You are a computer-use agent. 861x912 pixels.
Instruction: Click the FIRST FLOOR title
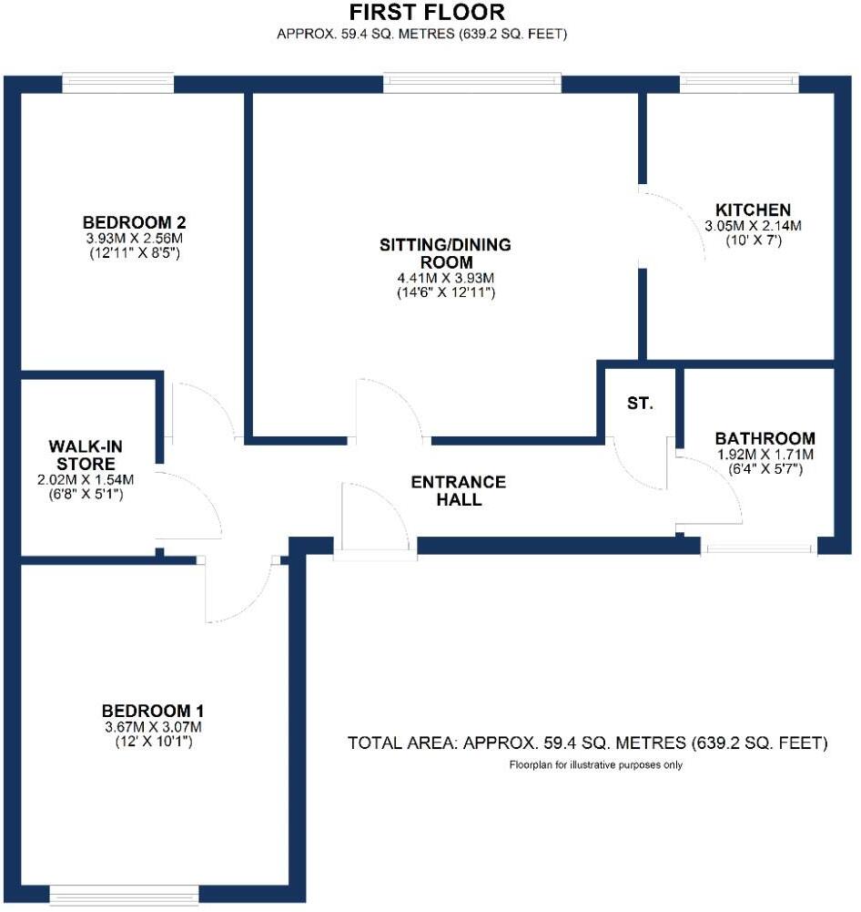coord(427,13)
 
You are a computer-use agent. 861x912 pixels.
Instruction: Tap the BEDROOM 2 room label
coord(135,222)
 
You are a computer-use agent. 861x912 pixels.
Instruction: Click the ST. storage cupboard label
coord(640,404)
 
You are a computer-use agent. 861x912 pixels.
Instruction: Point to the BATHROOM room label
coord(765,437)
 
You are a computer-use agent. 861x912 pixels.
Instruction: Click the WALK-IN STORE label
coord(85,455)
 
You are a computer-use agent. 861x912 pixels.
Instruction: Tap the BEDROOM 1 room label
coord(151,711)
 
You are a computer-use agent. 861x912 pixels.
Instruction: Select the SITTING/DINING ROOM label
coord(445,253)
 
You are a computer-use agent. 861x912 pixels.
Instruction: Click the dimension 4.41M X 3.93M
coord(445,278)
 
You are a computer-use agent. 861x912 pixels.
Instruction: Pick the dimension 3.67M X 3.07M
coord(151,727)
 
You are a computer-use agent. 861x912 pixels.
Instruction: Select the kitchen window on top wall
coord(739,83)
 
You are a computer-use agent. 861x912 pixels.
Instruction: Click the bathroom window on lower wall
coord(758,548)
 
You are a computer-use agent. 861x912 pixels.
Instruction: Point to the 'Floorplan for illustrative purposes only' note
coord(595,765)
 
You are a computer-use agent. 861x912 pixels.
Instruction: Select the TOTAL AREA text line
coord(587,743)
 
